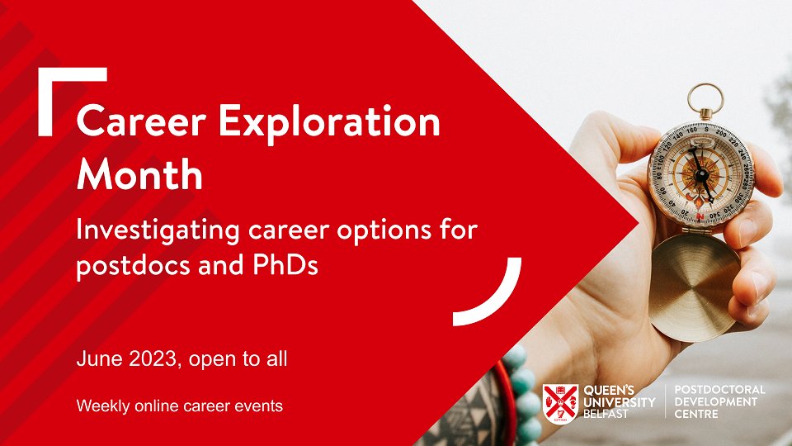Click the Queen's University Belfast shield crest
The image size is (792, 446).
(x=560, y=401)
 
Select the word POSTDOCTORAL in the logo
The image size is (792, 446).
(x=720, y=389)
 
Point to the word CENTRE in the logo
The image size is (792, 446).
(x=696, y=413)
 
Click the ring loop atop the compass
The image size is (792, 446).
(x=705, y=98)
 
